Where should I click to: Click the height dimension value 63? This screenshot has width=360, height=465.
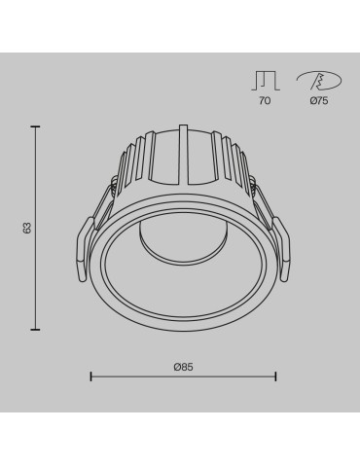tap(28, 228)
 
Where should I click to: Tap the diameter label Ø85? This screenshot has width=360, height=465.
tap(183, 366)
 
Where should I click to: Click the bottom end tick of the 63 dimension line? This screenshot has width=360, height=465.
tap(37, 329)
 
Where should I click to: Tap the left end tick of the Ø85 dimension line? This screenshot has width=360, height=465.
tap(90, 376)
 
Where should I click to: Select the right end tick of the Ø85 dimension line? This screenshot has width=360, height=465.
tap(275, 376)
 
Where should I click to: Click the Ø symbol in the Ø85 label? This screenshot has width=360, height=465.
tap(177, 366)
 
